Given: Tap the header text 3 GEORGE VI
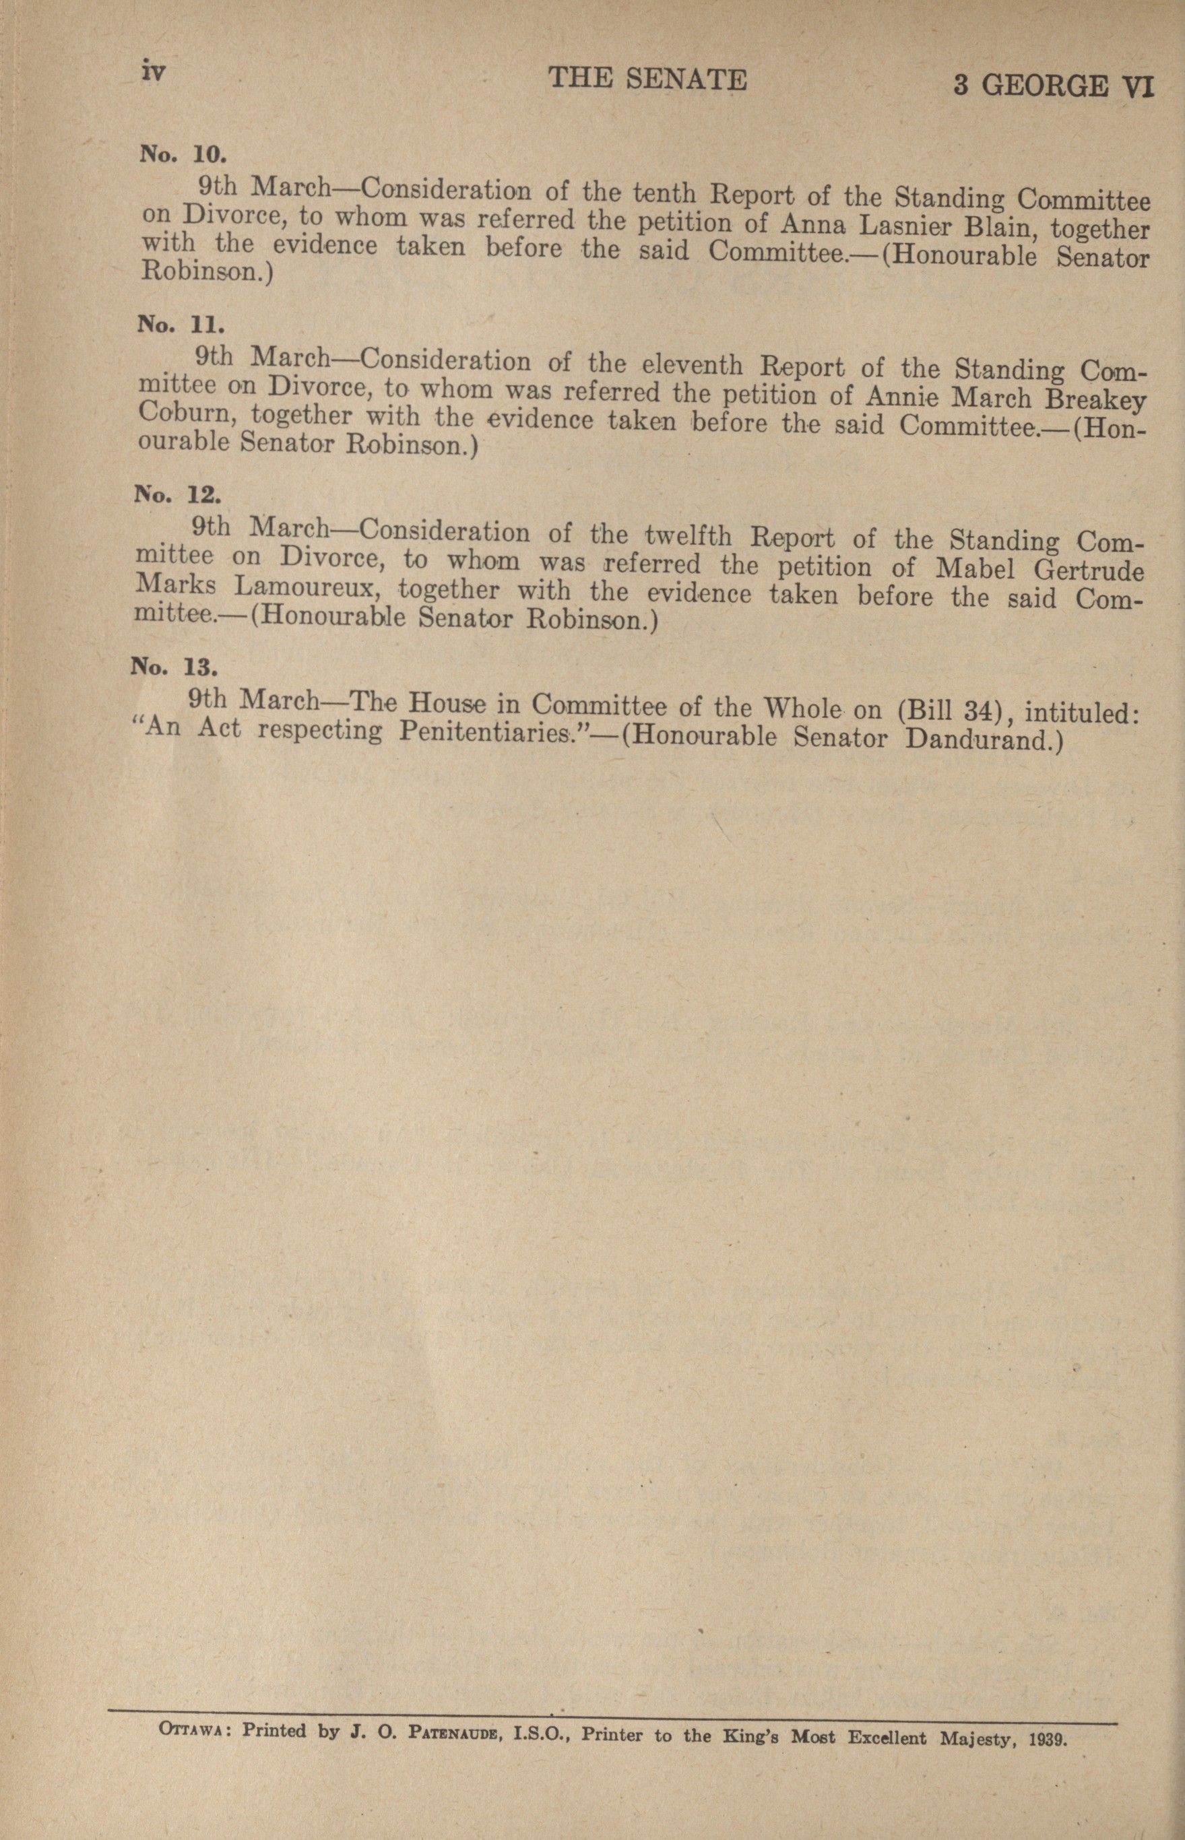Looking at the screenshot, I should [x=1054, y=86].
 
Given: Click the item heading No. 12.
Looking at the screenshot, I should [x=178, y=494].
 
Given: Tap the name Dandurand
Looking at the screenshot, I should [x=984, y=740].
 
